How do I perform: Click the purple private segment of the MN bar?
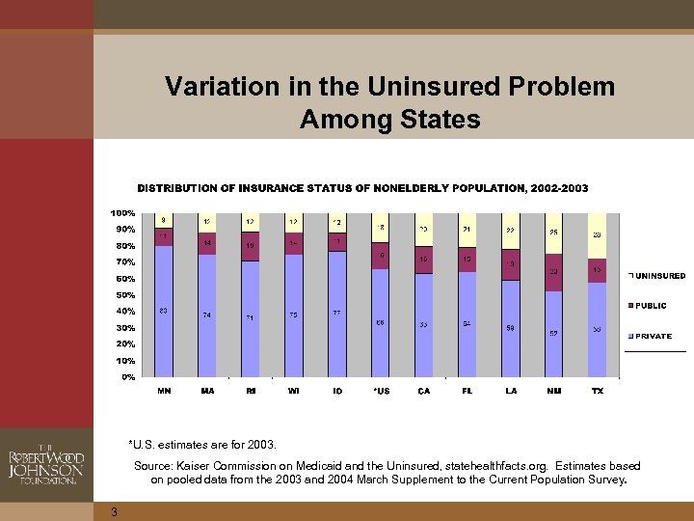[x=164, y=311]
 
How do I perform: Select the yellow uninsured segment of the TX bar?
[x=598, y=234]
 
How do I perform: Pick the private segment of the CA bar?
[x=423, y=325]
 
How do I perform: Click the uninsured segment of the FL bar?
[x=467, y=230]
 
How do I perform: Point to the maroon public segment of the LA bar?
[x=510, y=264]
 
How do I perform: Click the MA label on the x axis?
[x=207, y=391]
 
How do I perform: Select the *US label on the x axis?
[x=380, y=391]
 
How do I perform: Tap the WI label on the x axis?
[x=293, y=391]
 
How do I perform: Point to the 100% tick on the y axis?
[x=121, y=212]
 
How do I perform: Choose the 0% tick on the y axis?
[x=127, y=377]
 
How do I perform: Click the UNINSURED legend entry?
[x=659, y=276]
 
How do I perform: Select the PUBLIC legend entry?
[x=651, y=306]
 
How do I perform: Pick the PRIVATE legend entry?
[x=653, y=337]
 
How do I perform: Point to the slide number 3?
[x=114, y=511]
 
